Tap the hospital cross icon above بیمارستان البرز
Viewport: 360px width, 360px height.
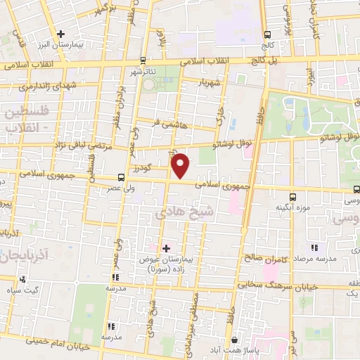[62, 34]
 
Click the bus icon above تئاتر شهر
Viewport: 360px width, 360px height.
[143, 60]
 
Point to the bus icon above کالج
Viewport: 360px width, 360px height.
[267, 35]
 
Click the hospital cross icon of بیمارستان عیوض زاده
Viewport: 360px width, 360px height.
[166, 247]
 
